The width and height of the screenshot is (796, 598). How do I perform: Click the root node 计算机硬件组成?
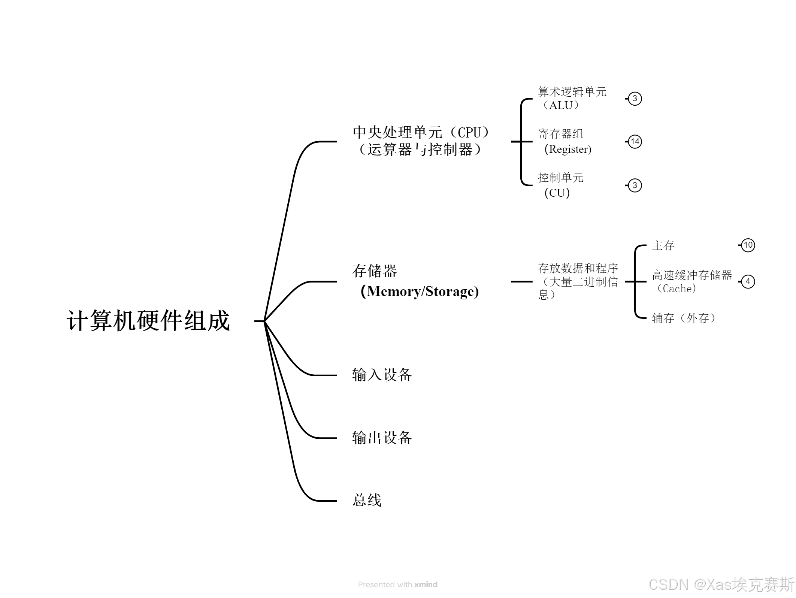pos(148,321)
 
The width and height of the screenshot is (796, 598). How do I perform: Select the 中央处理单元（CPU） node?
pos(421,141)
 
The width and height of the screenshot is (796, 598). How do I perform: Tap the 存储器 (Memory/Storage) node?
pos(415,281)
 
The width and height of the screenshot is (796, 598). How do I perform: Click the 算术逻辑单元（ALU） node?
pos(572,99)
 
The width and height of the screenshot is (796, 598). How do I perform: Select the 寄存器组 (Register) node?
pos(565,142)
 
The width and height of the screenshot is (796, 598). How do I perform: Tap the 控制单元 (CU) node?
pos(560,185)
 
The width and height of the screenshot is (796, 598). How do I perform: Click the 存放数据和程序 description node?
pos(578,281)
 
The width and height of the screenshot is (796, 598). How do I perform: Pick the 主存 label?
pos(663,246)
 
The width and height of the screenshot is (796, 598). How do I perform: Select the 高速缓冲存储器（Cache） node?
pos(691,282)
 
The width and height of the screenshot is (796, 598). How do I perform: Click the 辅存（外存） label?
pos(684,318)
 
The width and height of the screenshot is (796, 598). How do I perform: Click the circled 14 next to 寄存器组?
pos(635,142)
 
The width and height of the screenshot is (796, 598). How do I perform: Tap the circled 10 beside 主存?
pos(748,245)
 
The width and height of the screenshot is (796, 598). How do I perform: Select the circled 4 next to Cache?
pos(748,281)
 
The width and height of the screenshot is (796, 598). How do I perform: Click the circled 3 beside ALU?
pos(635,99)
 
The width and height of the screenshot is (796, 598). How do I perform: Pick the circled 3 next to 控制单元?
pos(635,185)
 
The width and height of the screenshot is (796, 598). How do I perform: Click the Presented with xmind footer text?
pos(397,585)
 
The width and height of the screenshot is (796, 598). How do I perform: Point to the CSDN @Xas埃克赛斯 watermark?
pos(721,585)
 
